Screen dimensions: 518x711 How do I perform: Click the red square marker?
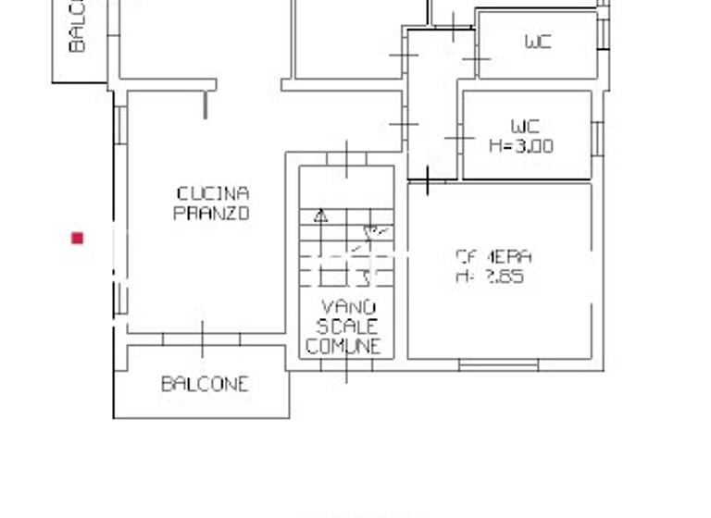point(78,239)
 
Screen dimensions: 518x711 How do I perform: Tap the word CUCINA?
point(213,193)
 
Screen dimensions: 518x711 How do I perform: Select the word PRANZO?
point(212,213)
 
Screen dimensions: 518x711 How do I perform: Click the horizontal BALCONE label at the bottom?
point(205,384)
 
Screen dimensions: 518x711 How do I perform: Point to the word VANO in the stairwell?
point(348,307)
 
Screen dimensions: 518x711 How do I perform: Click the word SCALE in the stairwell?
point(347,327)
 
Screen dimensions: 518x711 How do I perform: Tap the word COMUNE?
point(343,347)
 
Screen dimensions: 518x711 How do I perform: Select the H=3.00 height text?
point(520,145)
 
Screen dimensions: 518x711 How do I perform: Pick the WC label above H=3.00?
point(525,126)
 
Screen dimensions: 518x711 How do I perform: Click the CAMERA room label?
point(493,256)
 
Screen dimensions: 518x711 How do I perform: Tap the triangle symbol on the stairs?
point(321,216)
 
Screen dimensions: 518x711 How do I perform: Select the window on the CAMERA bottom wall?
point(498,366)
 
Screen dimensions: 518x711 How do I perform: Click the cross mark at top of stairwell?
point(346,158)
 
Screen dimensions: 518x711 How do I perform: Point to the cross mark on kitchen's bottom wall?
point(202,339)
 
